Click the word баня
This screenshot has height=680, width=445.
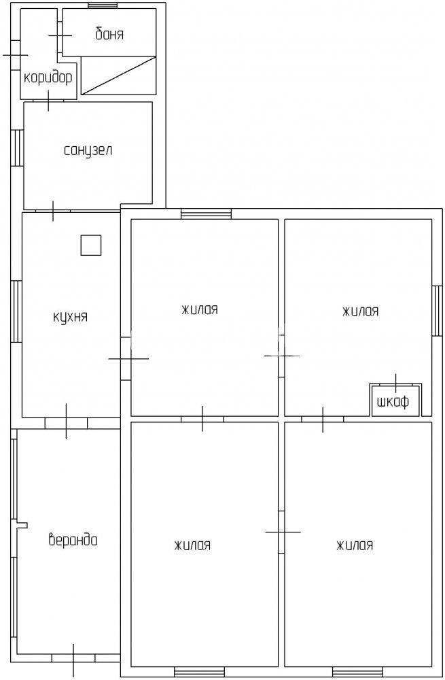(x=109, y=34)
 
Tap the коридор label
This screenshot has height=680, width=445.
(x=48, y=78)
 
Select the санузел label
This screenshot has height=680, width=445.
(x=88, y=150)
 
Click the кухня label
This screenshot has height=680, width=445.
(x=70, y=317)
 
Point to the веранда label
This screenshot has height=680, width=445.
(x=73, y=540)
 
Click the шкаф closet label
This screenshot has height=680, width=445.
(x=393, y=402)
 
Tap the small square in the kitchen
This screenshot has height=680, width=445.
(x=91, y=245)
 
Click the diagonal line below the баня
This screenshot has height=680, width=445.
(x=119, y=75)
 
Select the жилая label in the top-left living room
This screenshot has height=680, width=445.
(x=200, y=309)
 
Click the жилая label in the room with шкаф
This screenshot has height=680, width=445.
(x=361, y=311)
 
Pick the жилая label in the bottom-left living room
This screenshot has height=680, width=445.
(x=193, y=545)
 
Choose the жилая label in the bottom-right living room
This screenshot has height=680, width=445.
(x=355, y=545)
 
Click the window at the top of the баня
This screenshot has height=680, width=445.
(x=103, y=5)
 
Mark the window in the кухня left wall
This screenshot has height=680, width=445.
(x=16, y=311)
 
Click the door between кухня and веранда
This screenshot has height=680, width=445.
(x=67, y=422)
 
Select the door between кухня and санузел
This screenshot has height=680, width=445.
(x=53, y=211)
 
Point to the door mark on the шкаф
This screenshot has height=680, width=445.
(x=396, y=384)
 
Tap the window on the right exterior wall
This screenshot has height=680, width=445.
(x=438, y=311)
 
